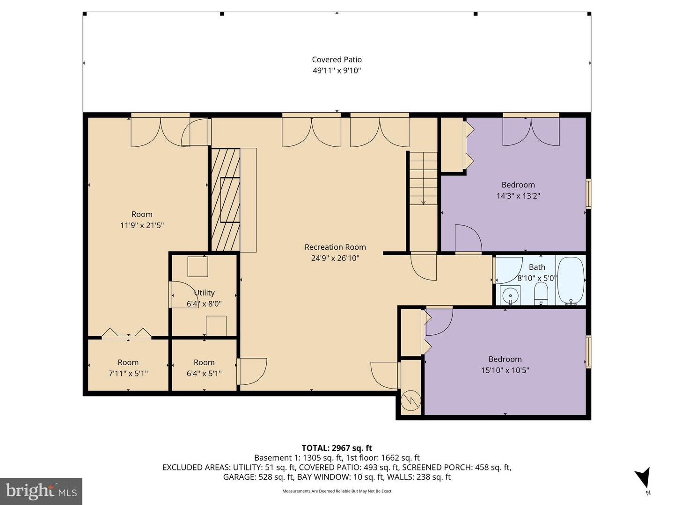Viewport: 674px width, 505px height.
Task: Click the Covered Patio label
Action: (337, 59)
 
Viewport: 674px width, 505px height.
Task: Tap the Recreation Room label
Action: (335, 247)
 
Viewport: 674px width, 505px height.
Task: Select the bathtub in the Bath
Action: (571, 281)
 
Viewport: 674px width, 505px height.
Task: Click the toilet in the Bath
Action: (541, 295)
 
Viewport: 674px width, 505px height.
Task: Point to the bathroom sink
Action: (510, 296)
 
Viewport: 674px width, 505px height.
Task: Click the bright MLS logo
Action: (41, 491)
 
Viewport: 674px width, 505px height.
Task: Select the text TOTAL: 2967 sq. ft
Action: (337, 448)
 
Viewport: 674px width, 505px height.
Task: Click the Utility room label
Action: (204, 293)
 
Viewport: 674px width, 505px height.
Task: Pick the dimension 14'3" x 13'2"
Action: (518, 196)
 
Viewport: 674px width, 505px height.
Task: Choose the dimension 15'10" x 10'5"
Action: (505, 370)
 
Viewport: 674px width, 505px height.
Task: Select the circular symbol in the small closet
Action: (411, 400)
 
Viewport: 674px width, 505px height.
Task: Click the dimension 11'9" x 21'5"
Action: (142, 225)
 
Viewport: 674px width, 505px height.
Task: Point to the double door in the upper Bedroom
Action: (531, 131)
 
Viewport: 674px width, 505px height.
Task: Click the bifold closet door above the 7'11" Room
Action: (127, 333)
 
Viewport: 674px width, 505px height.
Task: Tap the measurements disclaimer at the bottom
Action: (337, 491)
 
